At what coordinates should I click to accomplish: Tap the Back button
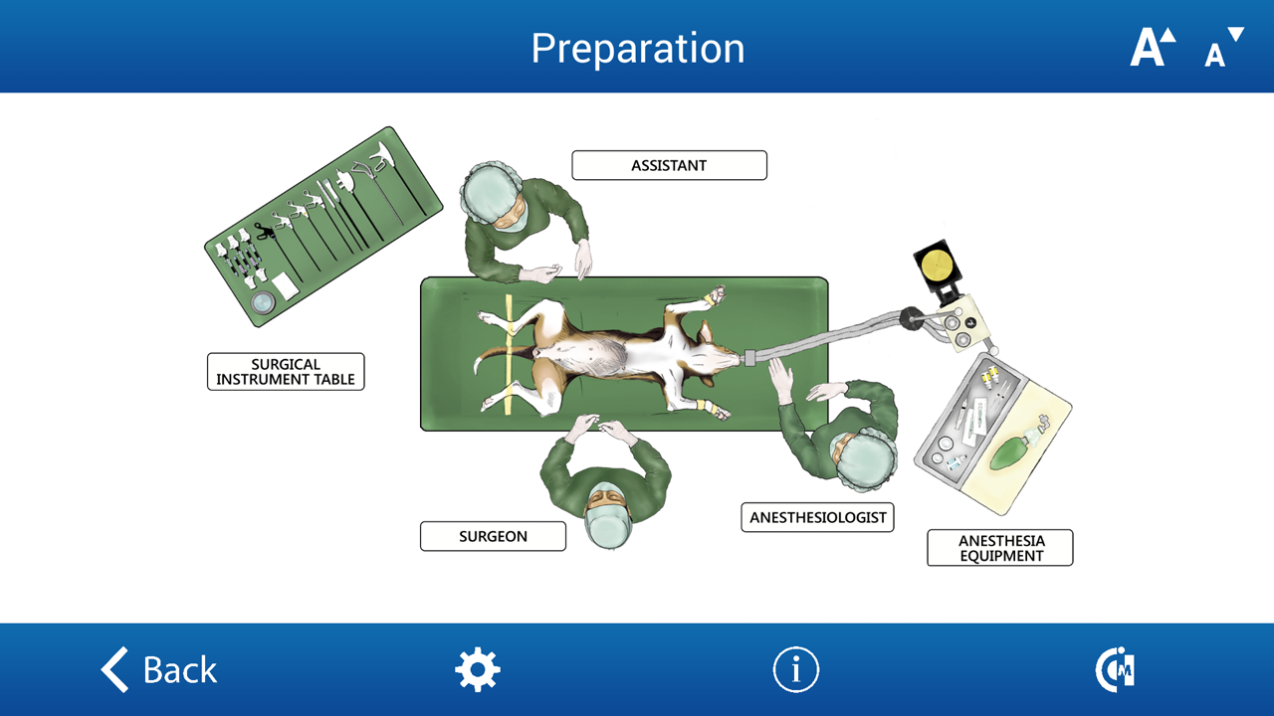pyautogui.click(x=159, y=669)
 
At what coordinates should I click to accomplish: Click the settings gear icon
pyautogui.click(x=478, y=669)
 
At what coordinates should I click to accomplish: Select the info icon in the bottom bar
pyautogui.click(x=795, y=669)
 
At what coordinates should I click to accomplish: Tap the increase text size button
pyautogui.click(x=1153, y=47)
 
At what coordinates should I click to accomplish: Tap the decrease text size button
pyautogui.click(x=1224, y=47)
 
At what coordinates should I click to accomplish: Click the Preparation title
pyautogui.click(x=638, y=49)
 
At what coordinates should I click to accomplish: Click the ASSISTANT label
pyautogui.click(x=670, y=165)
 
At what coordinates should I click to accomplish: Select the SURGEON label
pyautogui.click(x=493, y=536)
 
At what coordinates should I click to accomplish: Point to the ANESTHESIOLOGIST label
pyautogui.click(x=817, y=518)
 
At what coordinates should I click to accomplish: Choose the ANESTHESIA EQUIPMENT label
pyautogui.click(x=1000, y=548)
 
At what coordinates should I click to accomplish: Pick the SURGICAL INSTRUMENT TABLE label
pyautogui.click(x=286, y=372)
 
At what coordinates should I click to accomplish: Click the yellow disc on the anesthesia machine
pyautogui.click(x=937, y=266)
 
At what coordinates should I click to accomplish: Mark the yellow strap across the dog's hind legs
pyautogui.click(x=509, y=355)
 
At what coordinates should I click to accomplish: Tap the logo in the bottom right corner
pyautogui.click(x=1115, y=669)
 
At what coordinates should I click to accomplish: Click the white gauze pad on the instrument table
pyautogui.click(x=285, y=285)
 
